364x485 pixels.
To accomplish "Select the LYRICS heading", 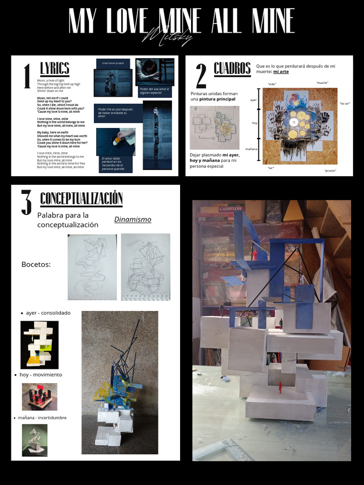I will pos(55,69).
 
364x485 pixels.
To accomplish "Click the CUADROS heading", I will pos(232,69).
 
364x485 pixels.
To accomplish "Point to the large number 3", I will pos(26,202).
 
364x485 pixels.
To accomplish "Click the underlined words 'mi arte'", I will pos(281,72).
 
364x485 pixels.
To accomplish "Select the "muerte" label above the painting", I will pos(322,83).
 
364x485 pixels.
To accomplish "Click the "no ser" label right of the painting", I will pos(344,103).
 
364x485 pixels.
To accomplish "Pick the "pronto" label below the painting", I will pos(330,171).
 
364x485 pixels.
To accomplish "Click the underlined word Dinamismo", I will pos(133,219).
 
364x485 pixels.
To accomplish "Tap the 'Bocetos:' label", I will pos(36,264).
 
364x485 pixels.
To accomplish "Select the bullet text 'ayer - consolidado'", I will pos(48,313).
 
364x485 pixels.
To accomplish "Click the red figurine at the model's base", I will pos(280,387).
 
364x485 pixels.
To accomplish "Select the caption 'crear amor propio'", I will pos(112,63).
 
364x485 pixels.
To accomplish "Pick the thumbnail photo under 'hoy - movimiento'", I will pos(39,396).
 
